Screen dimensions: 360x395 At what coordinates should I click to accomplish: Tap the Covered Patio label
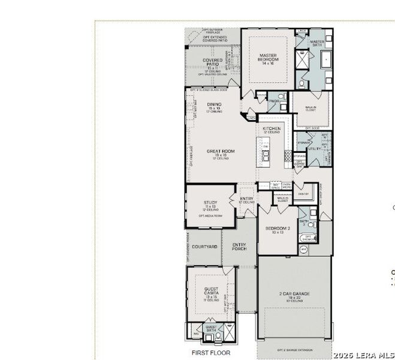point(212,62)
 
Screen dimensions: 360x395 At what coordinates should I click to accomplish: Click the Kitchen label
point(271,129)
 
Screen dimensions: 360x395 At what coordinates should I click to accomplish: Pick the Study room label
point(210,203)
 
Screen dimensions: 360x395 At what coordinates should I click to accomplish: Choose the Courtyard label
point(204,246)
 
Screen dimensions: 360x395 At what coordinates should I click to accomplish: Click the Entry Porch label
point(239,246)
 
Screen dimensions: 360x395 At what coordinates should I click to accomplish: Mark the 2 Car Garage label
point(294,294)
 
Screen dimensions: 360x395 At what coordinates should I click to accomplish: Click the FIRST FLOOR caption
point(210,353)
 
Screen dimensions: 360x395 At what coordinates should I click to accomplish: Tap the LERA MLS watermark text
point(364,355)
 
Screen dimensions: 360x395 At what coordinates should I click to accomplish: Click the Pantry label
point(303,194)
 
